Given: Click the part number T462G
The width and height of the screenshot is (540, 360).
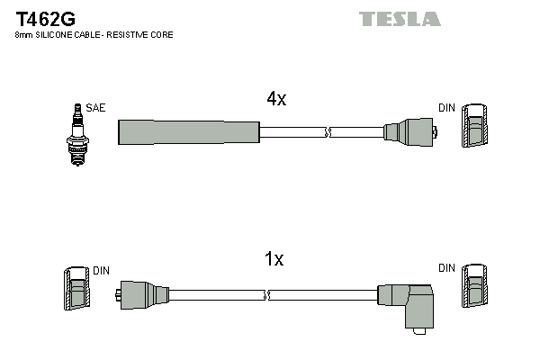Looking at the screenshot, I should [44, 18].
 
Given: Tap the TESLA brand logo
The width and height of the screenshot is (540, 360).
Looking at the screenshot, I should [400, 19].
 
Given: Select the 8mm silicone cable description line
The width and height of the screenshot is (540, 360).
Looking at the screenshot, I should [94, 35].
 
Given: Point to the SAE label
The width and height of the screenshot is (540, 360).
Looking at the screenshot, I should [95, 108].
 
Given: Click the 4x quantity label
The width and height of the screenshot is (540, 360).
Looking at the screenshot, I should [275, 100].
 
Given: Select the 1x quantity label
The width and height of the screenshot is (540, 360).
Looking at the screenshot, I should [274, 259].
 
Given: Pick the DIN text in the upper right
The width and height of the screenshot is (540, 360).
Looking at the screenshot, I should [446, 108].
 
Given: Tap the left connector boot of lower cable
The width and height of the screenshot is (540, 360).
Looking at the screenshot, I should [143, 294].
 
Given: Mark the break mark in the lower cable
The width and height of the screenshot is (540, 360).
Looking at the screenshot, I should [266, 294].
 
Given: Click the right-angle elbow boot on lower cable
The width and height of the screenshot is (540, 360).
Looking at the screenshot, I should [409, 301].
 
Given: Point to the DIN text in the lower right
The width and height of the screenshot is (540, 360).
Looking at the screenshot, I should [446, 268].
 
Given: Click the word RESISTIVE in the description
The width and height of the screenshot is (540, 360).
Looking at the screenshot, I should [134, 35].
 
